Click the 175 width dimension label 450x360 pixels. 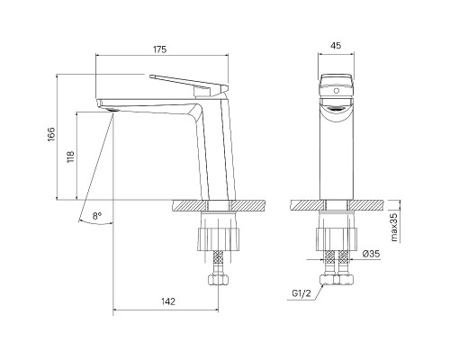click(160, 49)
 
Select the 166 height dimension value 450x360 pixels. click(51, 134)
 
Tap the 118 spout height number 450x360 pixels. click(71, 157)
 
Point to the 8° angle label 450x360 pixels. click(97, 216)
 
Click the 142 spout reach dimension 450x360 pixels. click(168, 301)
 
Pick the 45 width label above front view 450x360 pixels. click(336, 46)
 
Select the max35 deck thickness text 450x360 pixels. click(394, 227)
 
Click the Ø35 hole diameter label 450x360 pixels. click(371, 254)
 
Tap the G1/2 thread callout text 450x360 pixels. click(302, 293)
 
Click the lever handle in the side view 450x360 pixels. click(189, 83)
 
